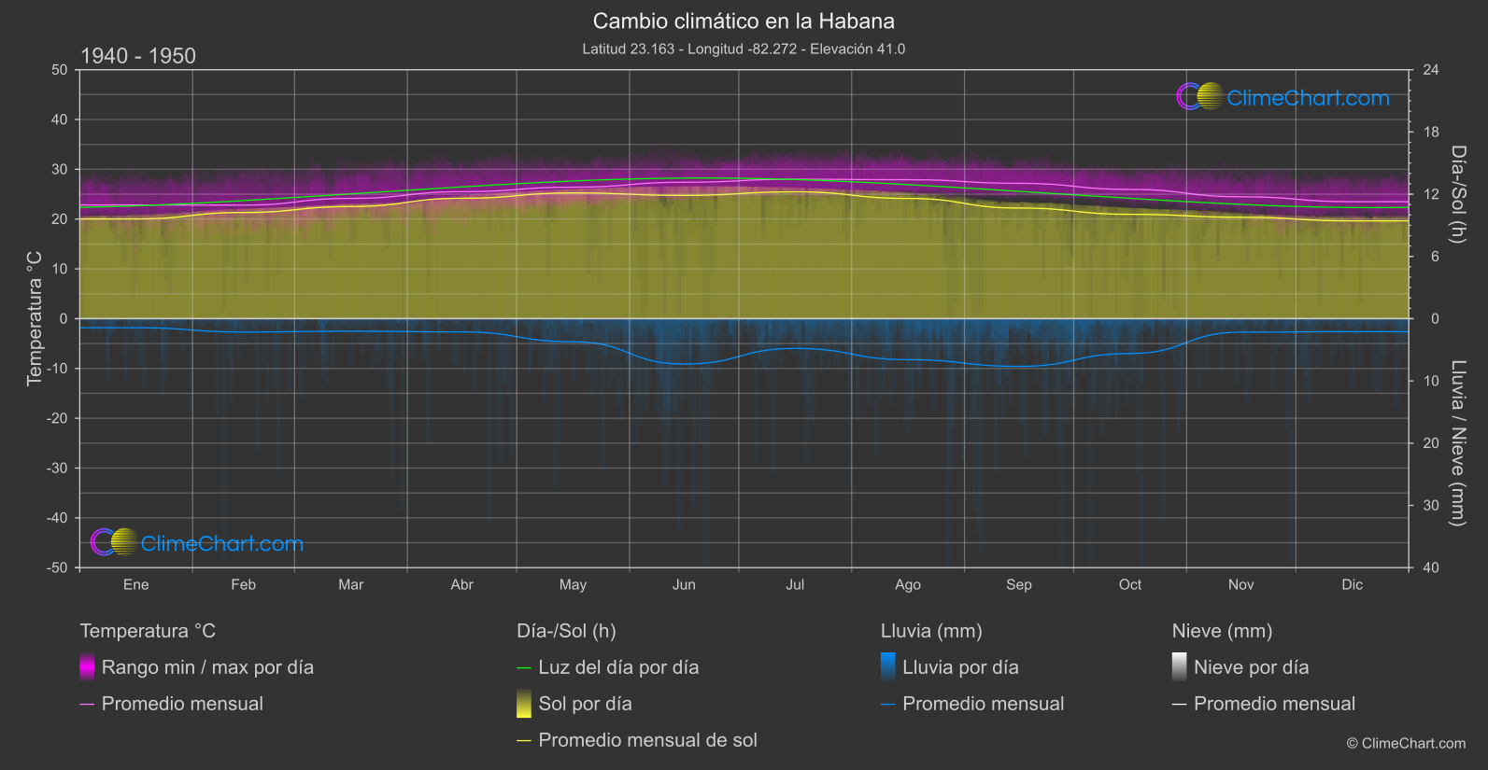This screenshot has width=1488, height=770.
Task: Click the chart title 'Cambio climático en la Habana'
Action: (x=744, y=21)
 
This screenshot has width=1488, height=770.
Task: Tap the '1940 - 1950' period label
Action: (x=138, y=56)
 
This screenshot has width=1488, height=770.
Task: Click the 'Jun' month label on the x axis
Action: (x=684, y=585)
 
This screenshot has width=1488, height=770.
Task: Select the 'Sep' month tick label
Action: (x=1018, y=585)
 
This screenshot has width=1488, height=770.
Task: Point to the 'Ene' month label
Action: (x=135, y=585)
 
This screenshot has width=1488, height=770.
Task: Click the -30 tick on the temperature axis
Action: (x=58, y=469)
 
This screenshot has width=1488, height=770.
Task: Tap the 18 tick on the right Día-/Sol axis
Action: (x=1430, y=133)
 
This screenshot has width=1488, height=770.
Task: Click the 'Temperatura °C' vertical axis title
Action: (x=35, y=317)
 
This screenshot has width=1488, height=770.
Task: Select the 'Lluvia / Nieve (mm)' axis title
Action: (x=1457, y=443)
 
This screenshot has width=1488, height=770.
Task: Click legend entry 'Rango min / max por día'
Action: (x=207, y=667)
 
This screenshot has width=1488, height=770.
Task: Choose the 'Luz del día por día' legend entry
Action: (x=618, y=667)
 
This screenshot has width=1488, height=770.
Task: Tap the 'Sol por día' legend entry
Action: (x=585, y=704)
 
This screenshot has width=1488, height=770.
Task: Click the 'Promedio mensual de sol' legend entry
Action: (x=647, y=740)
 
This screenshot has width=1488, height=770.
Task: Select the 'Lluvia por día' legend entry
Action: (x=960, y=667)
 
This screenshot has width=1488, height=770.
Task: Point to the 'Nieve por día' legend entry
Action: (x=1251, y=667)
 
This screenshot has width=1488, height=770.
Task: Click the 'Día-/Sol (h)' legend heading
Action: (x=566, y=631)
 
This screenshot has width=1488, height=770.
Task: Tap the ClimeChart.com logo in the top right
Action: (x=1283, y=97)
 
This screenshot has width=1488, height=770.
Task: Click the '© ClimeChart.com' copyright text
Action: (x=1406, y=744)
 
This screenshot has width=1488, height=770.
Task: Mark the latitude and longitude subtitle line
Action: (x=744, y=49)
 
